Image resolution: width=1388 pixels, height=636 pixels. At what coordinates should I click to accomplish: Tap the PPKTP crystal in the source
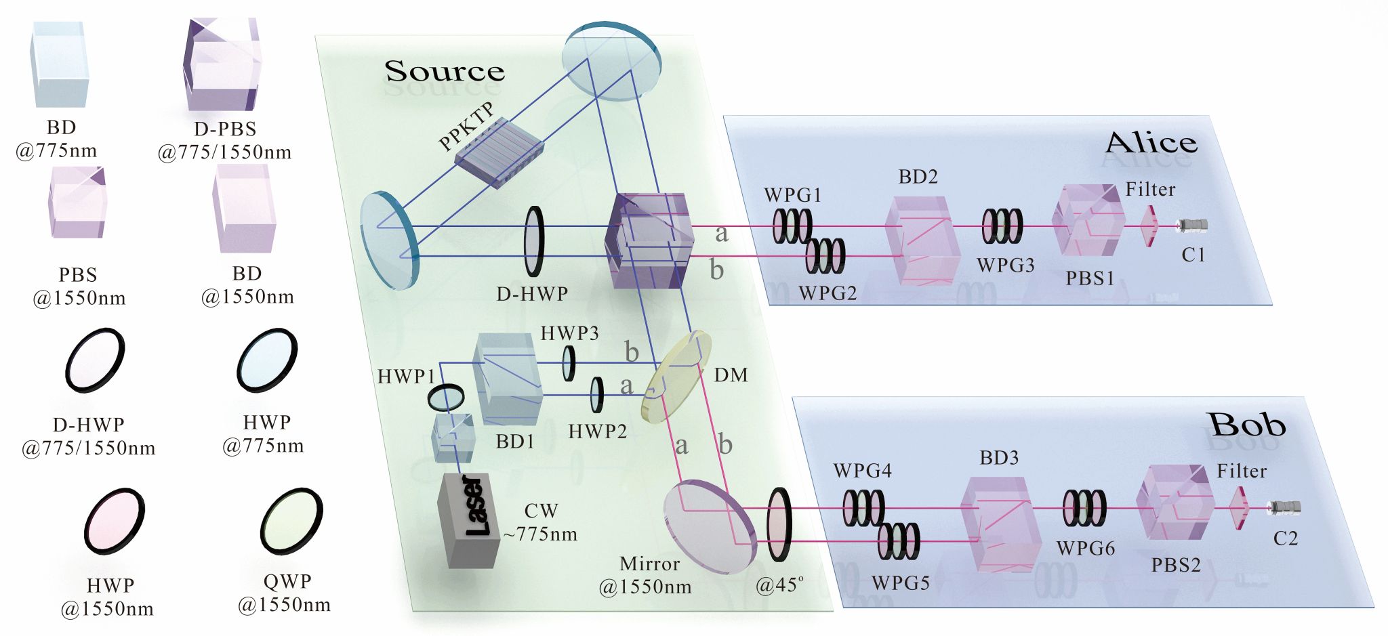pos(499,152)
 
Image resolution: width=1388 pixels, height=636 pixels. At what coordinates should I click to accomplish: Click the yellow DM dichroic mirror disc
pos(677,377)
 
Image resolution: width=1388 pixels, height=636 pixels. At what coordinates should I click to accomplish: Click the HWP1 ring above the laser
pos(446,397)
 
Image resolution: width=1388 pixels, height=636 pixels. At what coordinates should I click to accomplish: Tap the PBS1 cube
pos(1088,220)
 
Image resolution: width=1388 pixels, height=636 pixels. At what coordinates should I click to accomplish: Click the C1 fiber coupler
pos(1193,225)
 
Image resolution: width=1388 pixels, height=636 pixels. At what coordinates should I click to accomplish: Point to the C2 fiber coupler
pos(1285,506)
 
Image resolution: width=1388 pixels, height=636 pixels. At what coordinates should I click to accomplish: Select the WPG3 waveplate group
pos(1002,226)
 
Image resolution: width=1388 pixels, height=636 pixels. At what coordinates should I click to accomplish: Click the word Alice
pos(1151,143)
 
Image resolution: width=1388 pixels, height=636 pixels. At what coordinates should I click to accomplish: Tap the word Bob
pos(1247,425)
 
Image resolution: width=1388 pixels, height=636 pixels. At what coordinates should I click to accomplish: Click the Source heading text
pos(445,71)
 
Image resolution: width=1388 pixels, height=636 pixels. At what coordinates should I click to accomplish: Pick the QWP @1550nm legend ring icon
pos(291,522)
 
